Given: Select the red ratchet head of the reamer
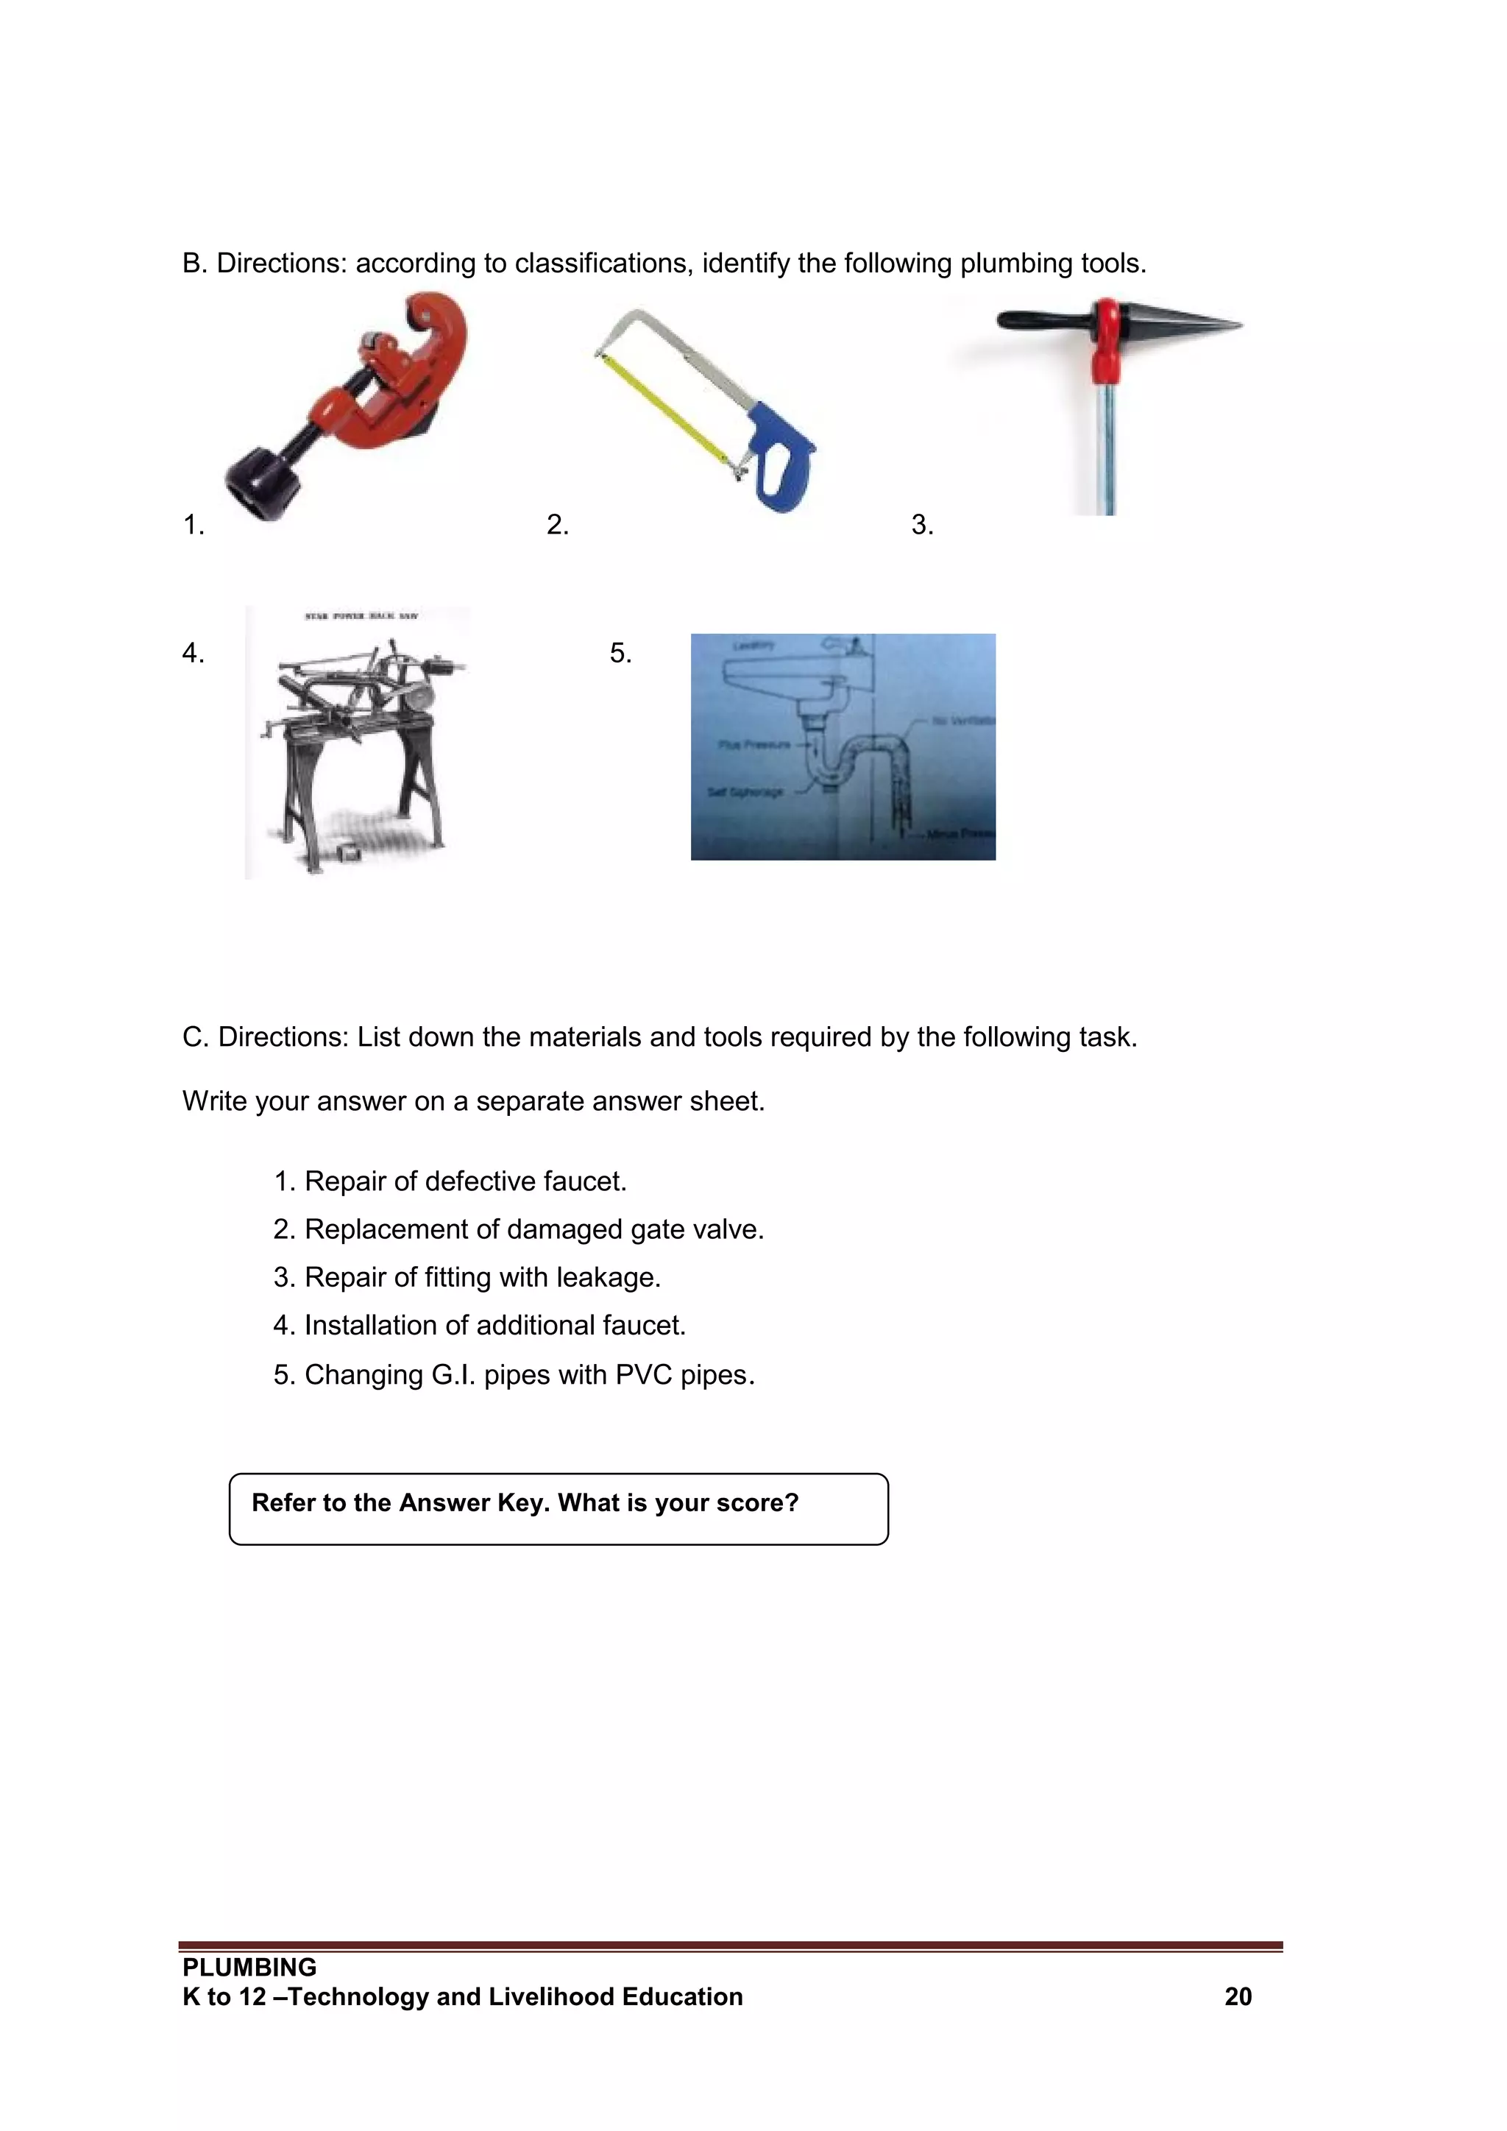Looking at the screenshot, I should pyautogui.click(x=1106, y=339).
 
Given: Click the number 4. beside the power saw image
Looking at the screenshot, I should pyautogui.click(x=193, y=654).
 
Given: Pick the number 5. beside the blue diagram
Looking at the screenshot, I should pyautogui.click(x=620, y=654).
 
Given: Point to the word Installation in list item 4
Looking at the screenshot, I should pyautogui.click(x=370, y=1326).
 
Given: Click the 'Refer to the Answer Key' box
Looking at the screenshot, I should pyautogui.click(x=558, y=1508).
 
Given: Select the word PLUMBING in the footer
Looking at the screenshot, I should pyautogui.click(x=249, y=1968).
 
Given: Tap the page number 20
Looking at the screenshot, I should pyautogui.click(x=1238, y=1996).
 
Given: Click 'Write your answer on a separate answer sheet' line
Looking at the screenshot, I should pyautogui.click(x=473, y=1102).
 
